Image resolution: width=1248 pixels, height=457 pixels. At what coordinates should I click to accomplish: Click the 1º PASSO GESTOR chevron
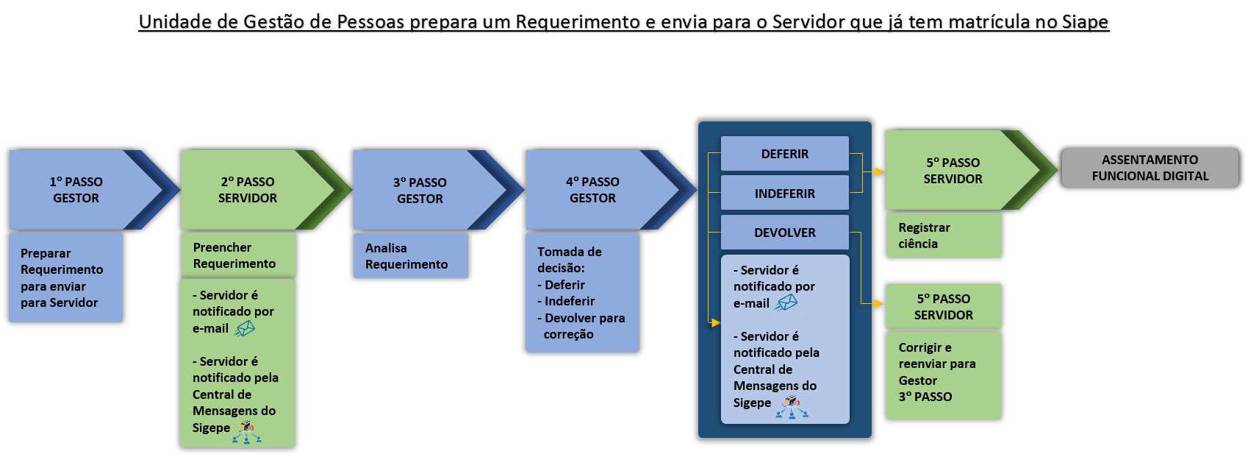[x=76, y=190]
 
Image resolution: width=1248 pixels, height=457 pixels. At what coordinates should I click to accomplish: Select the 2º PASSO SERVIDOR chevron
[x=248, y=190]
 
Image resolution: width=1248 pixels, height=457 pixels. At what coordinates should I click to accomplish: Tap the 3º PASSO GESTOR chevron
[x=420, y=190]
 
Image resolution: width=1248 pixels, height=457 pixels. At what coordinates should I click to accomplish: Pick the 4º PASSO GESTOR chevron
[x=592, y=190]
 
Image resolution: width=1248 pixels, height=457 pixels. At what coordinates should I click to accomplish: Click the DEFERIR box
[x=784, y=154]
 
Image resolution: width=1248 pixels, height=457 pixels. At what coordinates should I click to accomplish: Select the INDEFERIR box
[x=784, y=194]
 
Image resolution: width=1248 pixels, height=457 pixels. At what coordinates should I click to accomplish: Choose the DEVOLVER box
[x=784, y=233]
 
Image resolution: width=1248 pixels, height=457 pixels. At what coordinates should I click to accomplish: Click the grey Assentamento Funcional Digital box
[x=1150, y=168]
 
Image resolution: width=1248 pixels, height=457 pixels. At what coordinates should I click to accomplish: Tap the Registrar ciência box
[x=943, y=235]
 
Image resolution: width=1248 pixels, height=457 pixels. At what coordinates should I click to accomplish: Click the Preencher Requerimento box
[x=237, y=255]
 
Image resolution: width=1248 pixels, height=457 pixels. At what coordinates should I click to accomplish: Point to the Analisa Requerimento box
[x=410, y=256]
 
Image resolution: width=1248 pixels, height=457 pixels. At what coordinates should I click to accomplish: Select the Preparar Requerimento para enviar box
[x=65, y=277]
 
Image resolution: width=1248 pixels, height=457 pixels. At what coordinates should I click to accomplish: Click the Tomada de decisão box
[x=582, y=293]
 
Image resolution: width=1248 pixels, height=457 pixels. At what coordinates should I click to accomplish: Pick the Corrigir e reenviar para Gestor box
[x=943, y=375]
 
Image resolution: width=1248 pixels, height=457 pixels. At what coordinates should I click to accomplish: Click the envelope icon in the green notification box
[x=244, y=329]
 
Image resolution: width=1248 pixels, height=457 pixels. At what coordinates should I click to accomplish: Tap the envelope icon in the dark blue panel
[x=786, y=302]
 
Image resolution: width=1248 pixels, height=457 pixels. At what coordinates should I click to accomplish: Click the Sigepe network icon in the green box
[x=246, y=432]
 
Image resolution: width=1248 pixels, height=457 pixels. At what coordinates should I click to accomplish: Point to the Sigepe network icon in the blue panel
[x=791, y=407]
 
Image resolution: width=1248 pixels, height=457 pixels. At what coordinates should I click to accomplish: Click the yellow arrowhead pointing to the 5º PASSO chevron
[x=879, y=172]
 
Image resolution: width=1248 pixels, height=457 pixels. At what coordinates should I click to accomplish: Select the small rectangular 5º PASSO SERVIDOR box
[x=943, y=307]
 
